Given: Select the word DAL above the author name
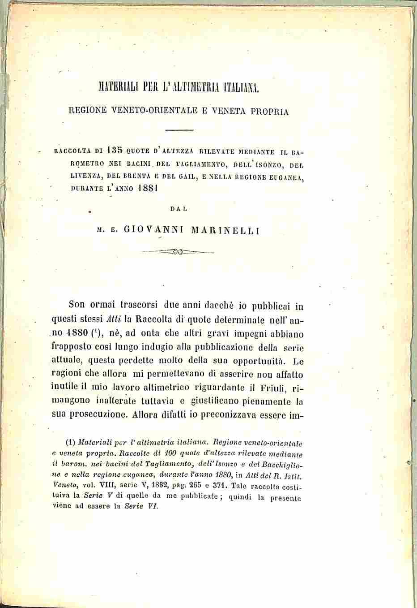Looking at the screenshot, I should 179,208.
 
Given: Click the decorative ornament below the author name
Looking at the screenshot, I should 178,252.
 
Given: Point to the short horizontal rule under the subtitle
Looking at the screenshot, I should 179,130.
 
